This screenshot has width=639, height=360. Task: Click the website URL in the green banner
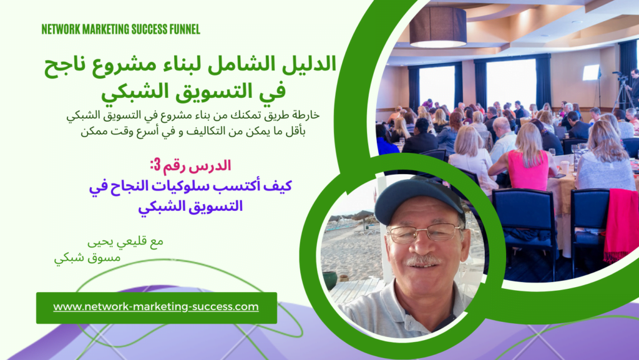coord(156,307)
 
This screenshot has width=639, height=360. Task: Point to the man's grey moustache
coord(424,259)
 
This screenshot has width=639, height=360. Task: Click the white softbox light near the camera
coord(590,72)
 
